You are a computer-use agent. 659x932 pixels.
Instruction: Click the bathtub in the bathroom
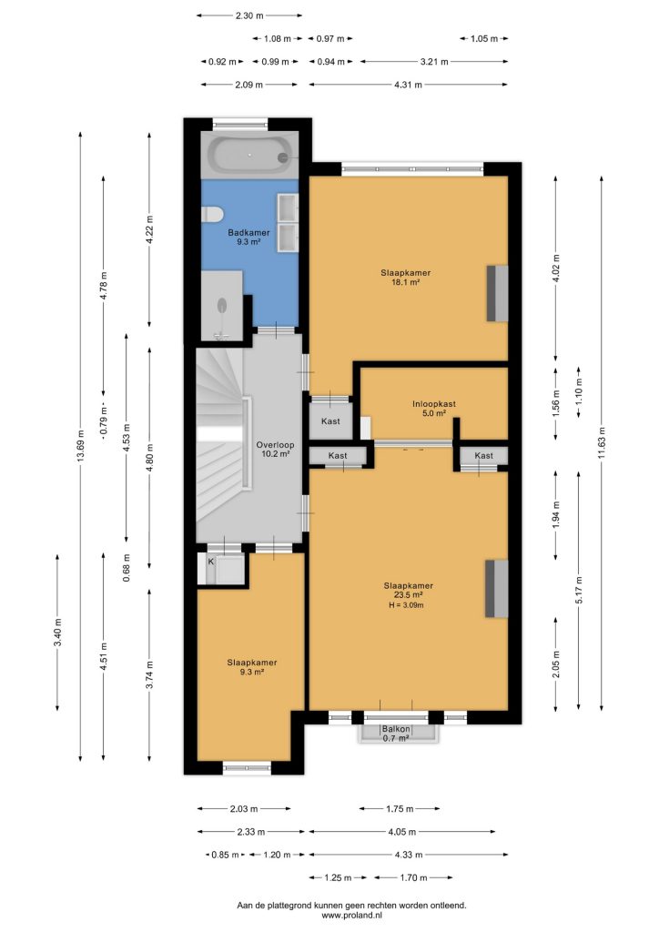(249, 155)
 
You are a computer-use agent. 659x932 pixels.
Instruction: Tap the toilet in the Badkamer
(211, 214)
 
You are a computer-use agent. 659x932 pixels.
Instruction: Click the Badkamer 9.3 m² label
(248, 238)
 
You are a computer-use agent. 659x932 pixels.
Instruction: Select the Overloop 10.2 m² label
(275, 449)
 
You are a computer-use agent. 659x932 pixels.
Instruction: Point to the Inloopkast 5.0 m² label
(434, 409)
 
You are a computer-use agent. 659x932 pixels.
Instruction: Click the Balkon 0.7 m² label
(396, 734)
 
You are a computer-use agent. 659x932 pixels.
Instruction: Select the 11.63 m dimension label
(602, 443)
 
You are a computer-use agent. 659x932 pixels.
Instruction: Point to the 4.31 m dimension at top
(409, 85)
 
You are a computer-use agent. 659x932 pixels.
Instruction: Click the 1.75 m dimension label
(400, 808)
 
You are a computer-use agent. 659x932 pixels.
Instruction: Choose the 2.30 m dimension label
(249, 15)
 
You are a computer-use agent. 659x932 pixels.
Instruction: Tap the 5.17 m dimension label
(579, 590)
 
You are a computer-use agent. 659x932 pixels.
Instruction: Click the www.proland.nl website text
(351, 916)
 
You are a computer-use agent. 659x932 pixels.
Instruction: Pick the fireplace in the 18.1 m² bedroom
(497, 293)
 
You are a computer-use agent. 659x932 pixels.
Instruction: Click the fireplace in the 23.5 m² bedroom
(497, 589)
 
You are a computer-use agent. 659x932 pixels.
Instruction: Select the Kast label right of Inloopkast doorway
(483, 455)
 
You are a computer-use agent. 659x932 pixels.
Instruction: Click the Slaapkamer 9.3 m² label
(252, 667)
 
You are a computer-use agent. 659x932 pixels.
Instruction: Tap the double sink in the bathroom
(288, 223)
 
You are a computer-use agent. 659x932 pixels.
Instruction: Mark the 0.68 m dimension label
(127, 567)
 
